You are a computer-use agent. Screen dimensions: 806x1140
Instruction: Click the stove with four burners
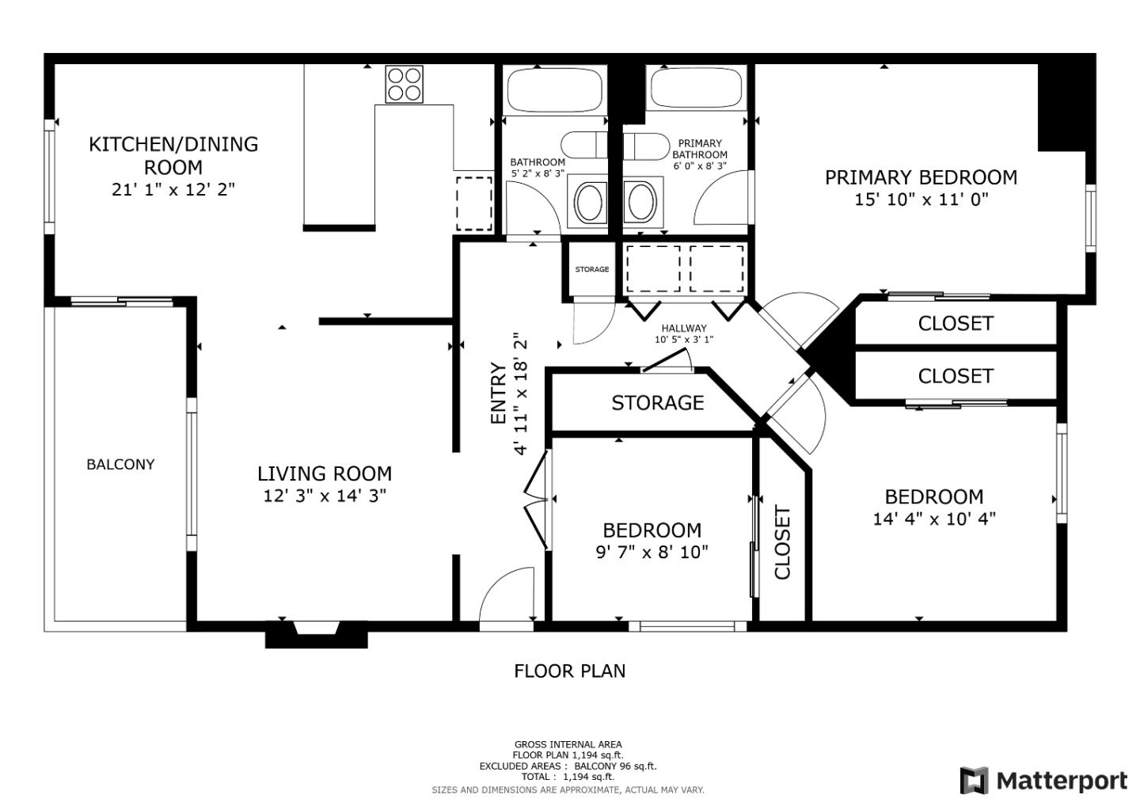pyautogui.click(x=404, y=84)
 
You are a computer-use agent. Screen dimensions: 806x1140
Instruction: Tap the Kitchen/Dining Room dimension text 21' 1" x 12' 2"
pyautogui.click(x=173, y=190)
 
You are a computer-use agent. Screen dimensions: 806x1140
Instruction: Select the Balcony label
pyautogui.click(x=120, y=465)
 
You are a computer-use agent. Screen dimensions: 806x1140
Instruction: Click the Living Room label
pyautogui.click(x=324, y=473)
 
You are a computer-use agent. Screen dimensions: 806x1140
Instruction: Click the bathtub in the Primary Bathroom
pyautogui.click(x=696, y=89)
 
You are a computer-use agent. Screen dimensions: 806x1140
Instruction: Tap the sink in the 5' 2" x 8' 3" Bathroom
pyautogui.click(x=590, y=202)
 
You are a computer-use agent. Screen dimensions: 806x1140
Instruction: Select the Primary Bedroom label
pyautogui.click(x=921, y=177)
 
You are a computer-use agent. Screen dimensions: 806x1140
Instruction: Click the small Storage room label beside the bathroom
pyautogui.click(x=591, y=269)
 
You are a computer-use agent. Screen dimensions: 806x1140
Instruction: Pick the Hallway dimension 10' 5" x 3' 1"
pyautogui.click(x=684, y=340)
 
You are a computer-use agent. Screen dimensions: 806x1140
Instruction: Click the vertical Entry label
pyautogui.click(x=498, y=393)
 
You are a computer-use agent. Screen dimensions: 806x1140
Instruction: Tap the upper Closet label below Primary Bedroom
pyautogui.click(x=955, y=323)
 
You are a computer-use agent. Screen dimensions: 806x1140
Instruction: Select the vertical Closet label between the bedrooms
pyautogui.click(x=782, y=543)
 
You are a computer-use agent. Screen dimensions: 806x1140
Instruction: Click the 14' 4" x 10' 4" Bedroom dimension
pyautogui.click(x=933, y=519)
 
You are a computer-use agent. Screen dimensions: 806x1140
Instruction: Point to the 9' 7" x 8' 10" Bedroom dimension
pyautogui.click(x=652, y=552)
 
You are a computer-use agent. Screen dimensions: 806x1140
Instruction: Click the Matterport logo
pyautogui.click(x=1043, y=781)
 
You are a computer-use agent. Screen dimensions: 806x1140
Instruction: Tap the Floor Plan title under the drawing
pyautogui.click(x=569, y=671)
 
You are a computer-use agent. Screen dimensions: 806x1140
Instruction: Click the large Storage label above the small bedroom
pyautogui.click(x=657, y=403)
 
